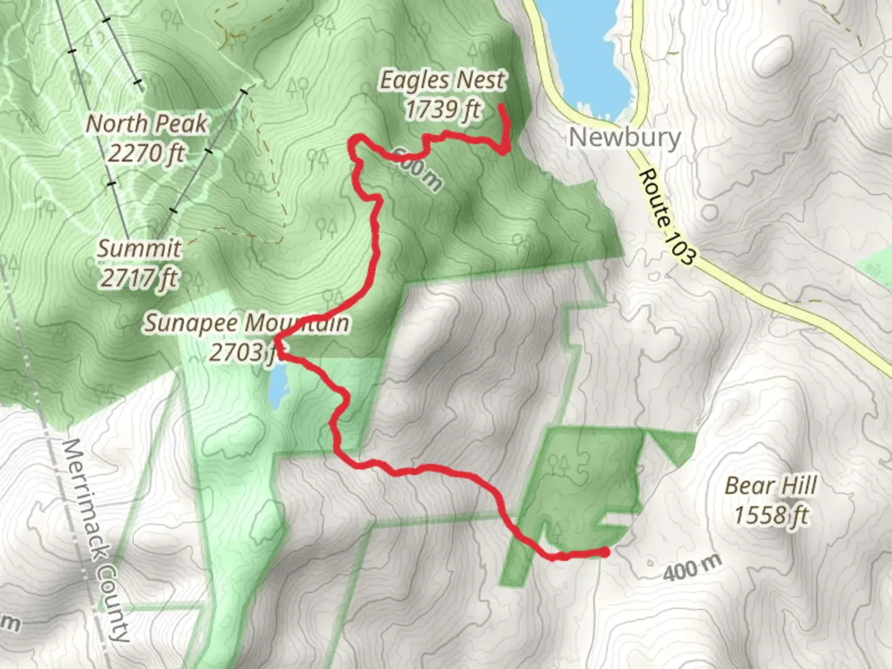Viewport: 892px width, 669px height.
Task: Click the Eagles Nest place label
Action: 442,81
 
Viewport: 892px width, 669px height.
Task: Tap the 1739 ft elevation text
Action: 442,110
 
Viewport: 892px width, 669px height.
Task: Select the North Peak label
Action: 146,123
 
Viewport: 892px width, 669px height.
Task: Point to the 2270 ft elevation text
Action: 146,152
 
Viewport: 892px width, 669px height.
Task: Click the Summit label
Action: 139,248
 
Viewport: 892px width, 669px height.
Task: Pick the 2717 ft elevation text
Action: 139,278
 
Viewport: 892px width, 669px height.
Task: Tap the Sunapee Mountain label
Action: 246,323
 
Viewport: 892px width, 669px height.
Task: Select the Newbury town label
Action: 624,137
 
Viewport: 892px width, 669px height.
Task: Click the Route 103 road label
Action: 667,217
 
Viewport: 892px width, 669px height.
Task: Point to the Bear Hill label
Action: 771,486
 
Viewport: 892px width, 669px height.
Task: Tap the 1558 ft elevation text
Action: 771,515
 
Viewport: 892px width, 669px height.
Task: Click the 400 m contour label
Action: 692,568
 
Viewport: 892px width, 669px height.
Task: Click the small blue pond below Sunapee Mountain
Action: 278,388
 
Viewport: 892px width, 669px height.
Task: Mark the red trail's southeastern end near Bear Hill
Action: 605,551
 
